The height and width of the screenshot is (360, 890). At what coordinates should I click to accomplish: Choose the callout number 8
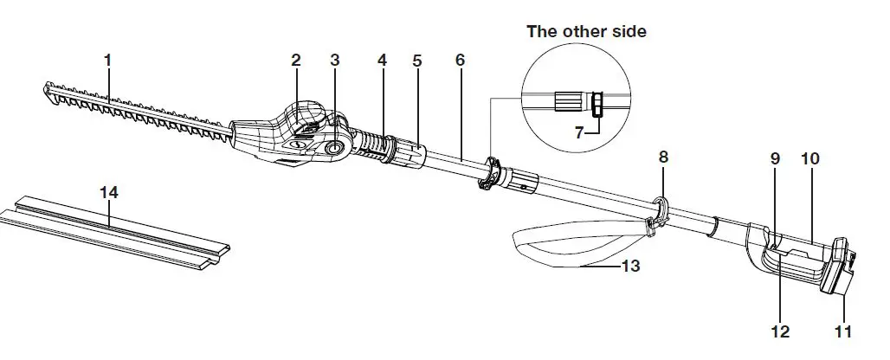tap(663, 157)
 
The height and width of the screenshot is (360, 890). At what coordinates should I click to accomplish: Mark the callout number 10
tap(810, 159)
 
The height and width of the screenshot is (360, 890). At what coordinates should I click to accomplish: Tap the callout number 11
tap(842, 331)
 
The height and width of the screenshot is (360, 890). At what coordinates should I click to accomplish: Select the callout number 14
tap(108, 193)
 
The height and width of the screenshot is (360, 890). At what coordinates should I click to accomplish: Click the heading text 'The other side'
tap(586, 32)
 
